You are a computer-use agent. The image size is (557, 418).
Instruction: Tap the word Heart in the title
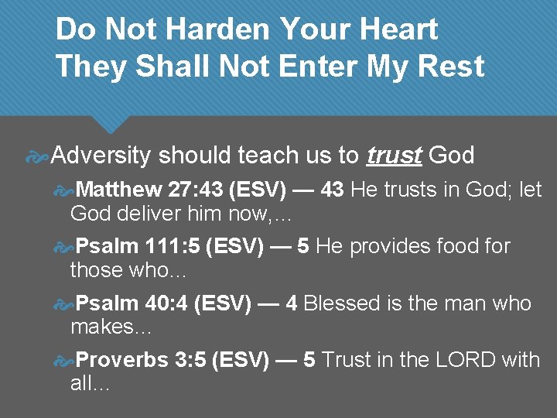point(398,29)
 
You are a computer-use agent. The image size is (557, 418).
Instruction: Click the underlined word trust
point(394,156)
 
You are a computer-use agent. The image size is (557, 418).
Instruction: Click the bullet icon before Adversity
point(38,156)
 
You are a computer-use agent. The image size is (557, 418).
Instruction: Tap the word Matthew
point(120,190)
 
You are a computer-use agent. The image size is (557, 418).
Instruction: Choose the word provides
point(392,247)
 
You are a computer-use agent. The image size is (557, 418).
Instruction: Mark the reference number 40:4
point(169,303)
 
